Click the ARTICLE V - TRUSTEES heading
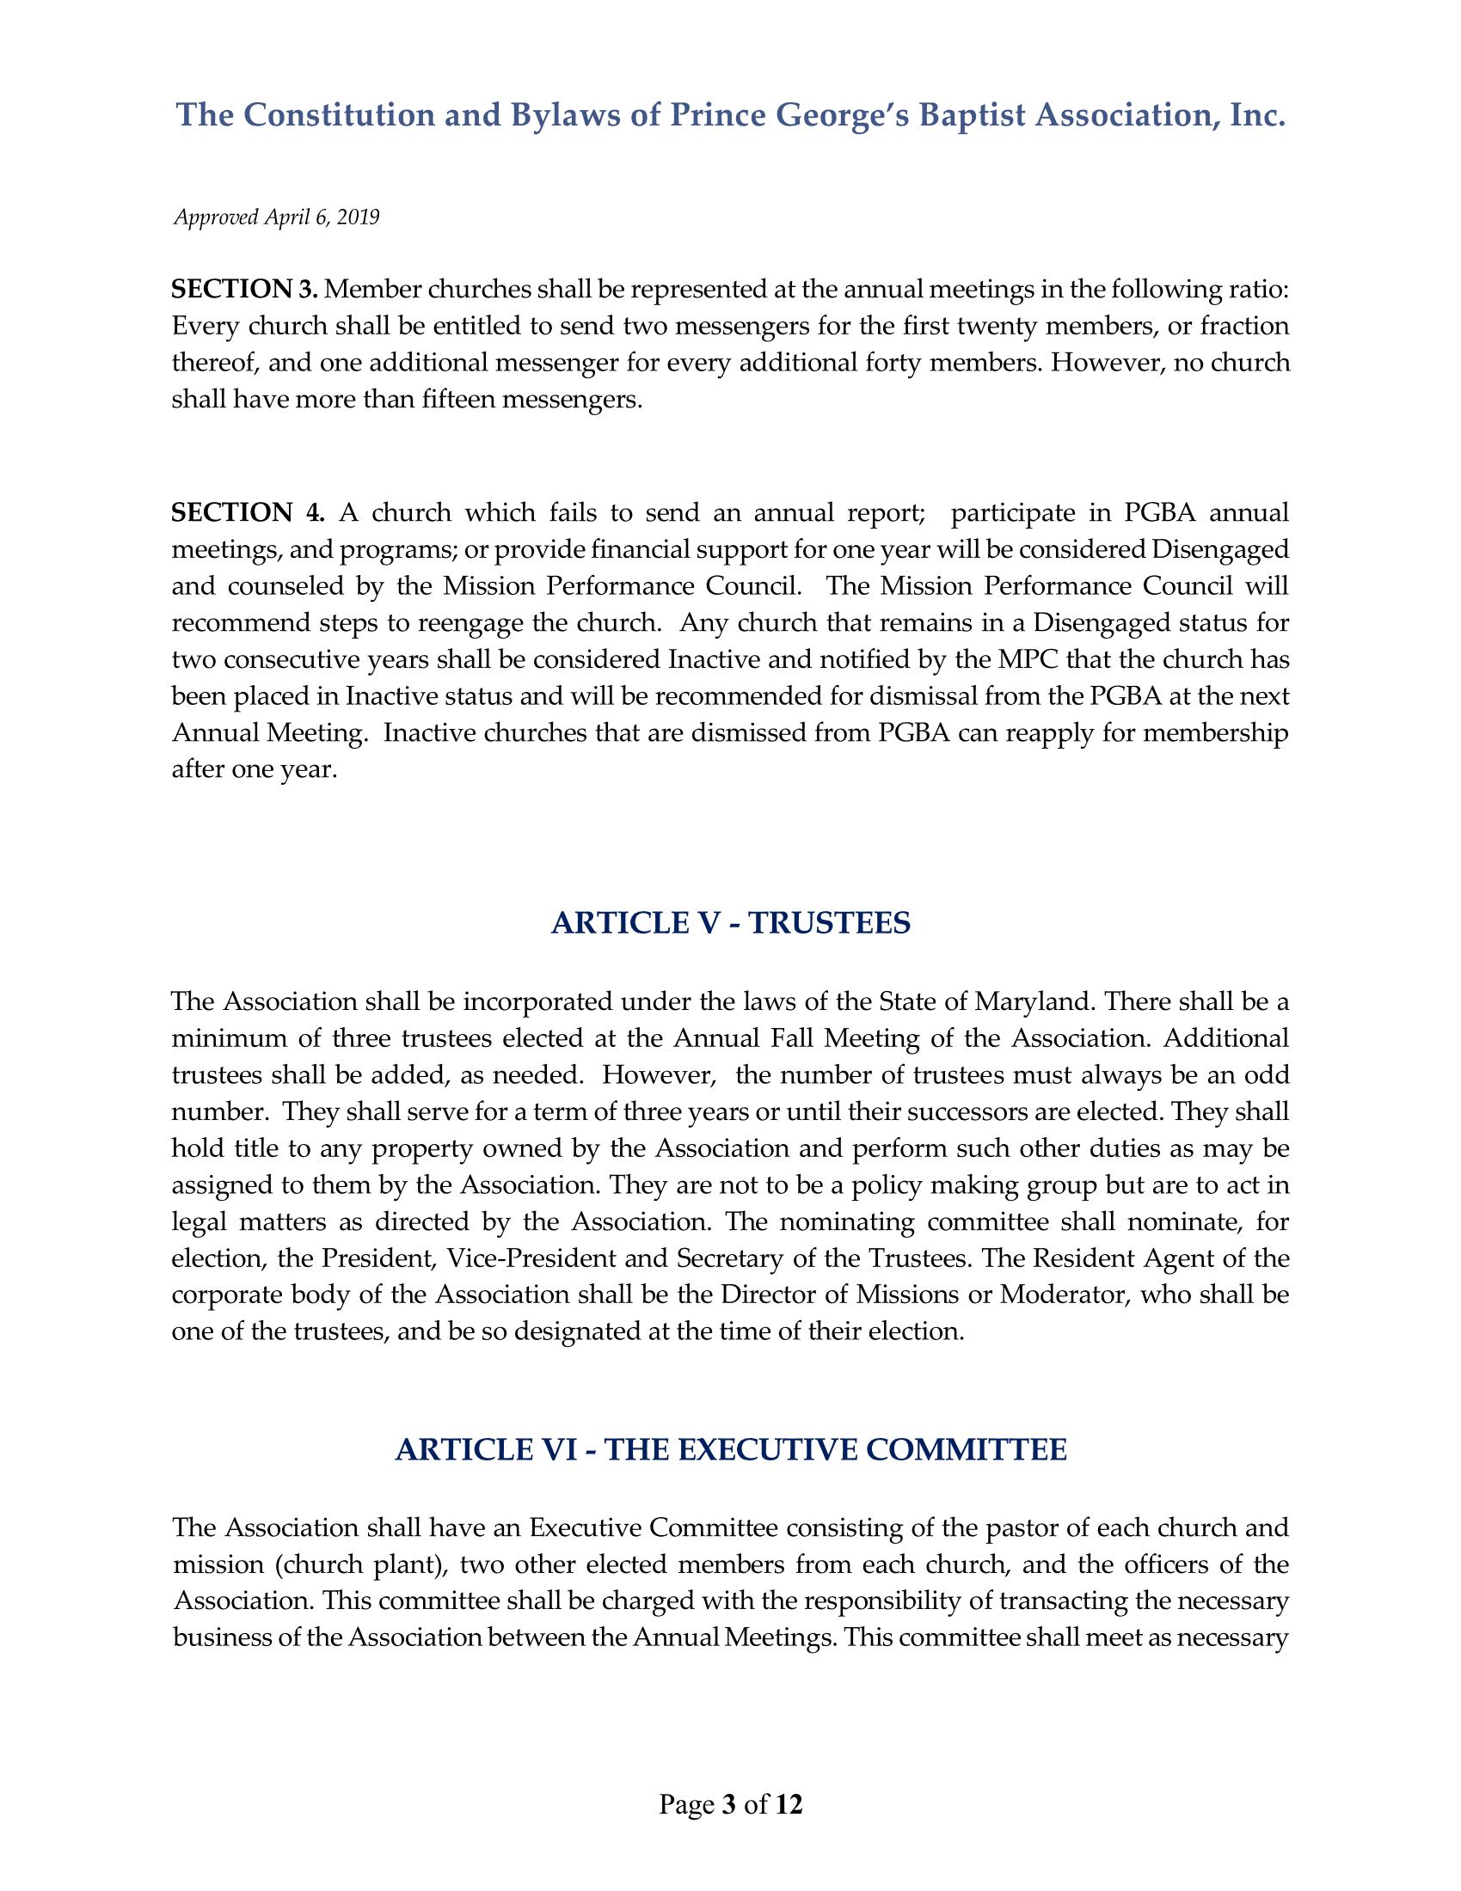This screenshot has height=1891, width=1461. click(x=730, y=924)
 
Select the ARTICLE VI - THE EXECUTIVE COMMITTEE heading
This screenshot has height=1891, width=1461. click(x=730, y=1449)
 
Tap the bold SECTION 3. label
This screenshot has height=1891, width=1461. click(x=245, y=288)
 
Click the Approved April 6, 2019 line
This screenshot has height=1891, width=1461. click(x=277, y=217)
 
